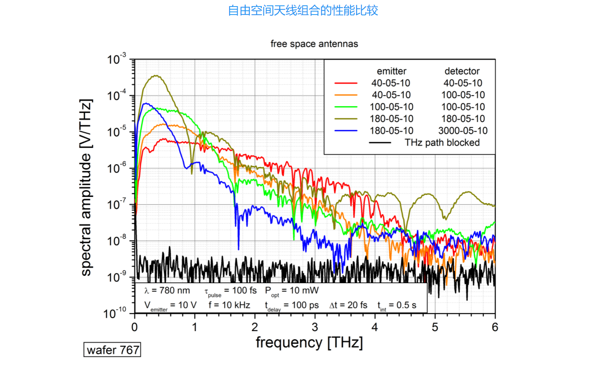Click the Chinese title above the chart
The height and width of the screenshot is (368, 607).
pos(303,10)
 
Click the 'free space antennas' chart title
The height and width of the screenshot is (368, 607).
pos(314,44)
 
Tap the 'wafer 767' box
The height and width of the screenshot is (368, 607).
pos(112,350)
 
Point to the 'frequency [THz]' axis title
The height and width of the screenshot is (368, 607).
pos(309,342)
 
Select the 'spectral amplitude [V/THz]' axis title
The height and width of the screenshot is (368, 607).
pos(86,187)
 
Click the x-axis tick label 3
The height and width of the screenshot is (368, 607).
pos(315,327)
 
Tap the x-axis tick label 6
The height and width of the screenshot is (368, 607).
pos(495,327)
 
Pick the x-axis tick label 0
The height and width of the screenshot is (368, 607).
pos(134,327)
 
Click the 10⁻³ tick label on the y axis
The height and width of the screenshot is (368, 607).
pos(116,59)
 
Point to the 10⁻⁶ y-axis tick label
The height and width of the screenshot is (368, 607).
pos(116,168)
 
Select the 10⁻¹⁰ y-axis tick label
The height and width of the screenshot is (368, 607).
pos(115,313)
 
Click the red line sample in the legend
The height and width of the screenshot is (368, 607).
pos(346,83)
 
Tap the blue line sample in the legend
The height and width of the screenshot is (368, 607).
pos(346,130)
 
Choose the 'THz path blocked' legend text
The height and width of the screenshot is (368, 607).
pos(442,143)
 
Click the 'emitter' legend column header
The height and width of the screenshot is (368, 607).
pos(391,71)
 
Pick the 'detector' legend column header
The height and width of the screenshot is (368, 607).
pos(462,71)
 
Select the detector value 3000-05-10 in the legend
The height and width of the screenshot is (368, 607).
pos(463,131)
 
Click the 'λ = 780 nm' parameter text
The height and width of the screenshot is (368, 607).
pos(167,290)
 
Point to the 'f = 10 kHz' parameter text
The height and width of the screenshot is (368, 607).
pos(229,305)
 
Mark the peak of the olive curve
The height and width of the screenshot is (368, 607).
pos(155,76)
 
